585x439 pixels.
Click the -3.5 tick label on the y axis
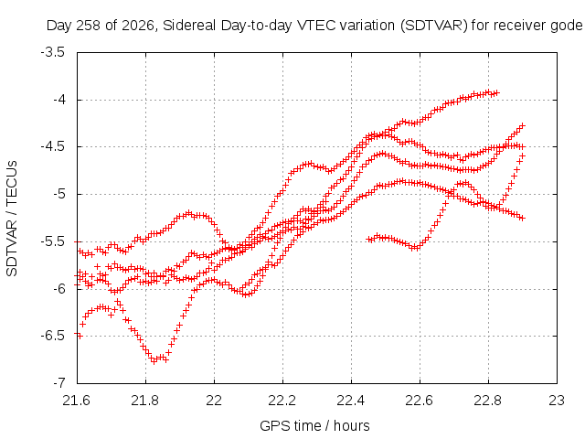pyautogui.click(x=53, y=52)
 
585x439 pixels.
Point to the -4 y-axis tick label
pyautogui.click(x=59, y=100)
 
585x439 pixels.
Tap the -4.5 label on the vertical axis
pyautogui.click(x=53, y=146)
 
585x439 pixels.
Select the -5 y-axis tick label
pyautogui.click(x=59, y=194)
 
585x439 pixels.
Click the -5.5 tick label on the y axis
pyautogui.click(x=53, y=241)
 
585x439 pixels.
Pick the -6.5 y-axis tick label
pyautogui.click(x=53, y=336)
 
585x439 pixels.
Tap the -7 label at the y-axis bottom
pyautogui.click(x=59, y=383)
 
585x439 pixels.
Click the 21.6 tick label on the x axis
pyautogui.click(x=77, y=401)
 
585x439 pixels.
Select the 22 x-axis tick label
pyautogui.click(x=214, y=401)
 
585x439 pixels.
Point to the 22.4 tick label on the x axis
pyautogui.click(x=351, y=401)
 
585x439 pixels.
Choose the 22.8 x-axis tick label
pyautogui.click(x=488, y=401)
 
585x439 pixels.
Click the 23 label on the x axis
pyautogui.click(x=557, y=401)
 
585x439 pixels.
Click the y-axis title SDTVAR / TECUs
pyautogui.click(x=12, y=219)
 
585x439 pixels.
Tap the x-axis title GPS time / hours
pyautogui.click(x=314, y=425)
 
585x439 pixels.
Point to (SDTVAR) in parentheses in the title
pyautogui.click(x=433, y=26)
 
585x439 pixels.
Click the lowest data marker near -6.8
pyautogui.click(x=154, y=361)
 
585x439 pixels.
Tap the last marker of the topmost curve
pyautogui.click(x=496, y=92)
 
